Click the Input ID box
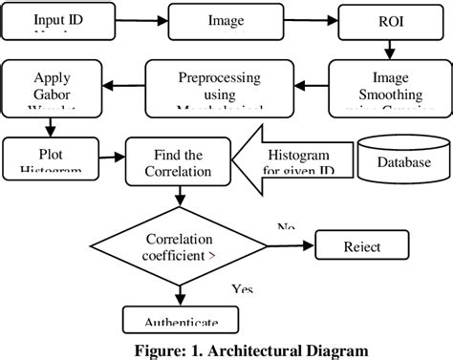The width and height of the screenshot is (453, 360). (x=56, y=20)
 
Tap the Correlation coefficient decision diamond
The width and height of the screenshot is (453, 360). (x=180, y=245)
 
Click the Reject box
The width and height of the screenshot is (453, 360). (x=362, y=246)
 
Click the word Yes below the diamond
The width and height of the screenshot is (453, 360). (x=242, y=288)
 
